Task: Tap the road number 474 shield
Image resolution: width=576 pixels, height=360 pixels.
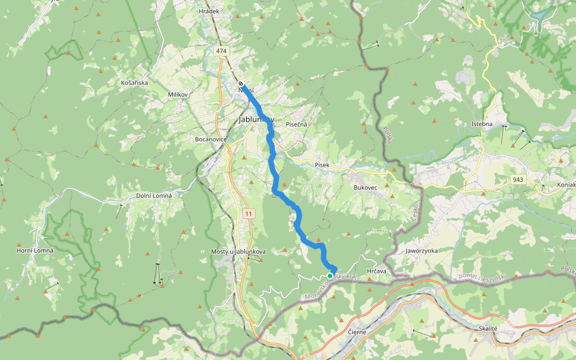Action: coord(221,51)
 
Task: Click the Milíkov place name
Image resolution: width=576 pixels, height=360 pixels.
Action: coord(178,95)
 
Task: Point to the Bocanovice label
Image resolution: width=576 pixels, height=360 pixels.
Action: coord(211,139)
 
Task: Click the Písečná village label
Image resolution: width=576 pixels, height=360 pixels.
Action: coord(296,124)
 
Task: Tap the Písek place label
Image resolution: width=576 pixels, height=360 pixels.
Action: coord(322,165)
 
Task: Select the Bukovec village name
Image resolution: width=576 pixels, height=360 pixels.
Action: coord(365,187)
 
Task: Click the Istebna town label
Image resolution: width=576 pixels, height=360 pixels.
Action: coord(482,124)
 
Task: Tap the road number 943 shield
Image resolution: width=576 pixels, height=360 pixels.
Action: coord(518,179)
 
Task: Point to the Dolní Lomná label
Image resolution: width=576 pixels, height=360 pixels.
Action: coord(154,196)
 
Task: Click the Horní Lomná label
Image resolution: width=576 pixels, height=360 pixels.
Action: coord(35,250)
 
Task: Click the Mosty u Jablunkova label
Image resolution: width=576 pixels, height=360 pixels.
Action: coord(238,251)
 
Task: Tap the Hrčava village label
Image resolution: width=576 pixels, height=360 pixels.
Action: coord(376,271)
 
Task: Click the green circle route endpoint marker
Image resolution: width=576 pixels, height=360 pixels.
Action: coord(330,276)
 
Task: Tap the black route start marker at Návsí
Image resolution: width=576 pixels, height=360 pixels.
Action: coord(241,83)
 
